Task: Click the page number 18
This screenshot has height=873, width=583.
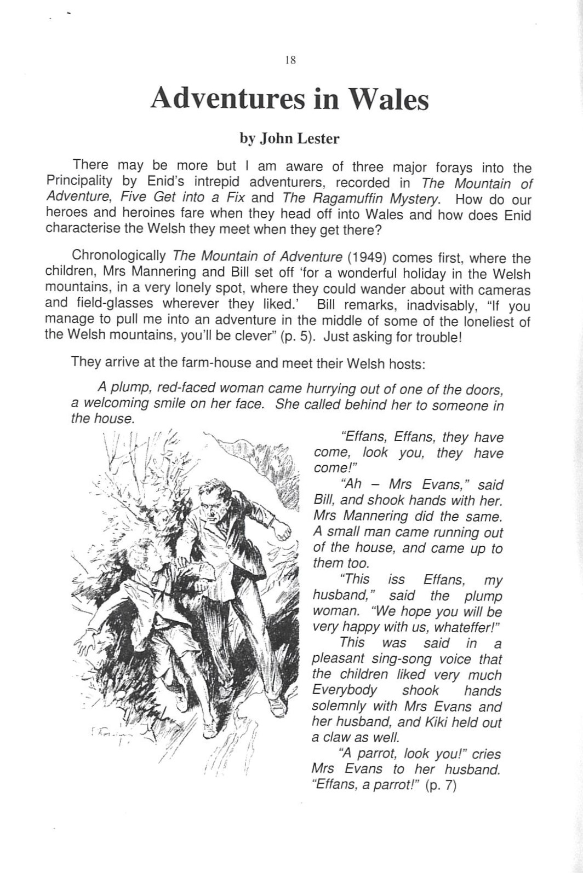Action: tap(291, 61)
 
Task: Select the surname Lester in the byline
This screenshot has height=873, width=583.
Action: tap(318, 138)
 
